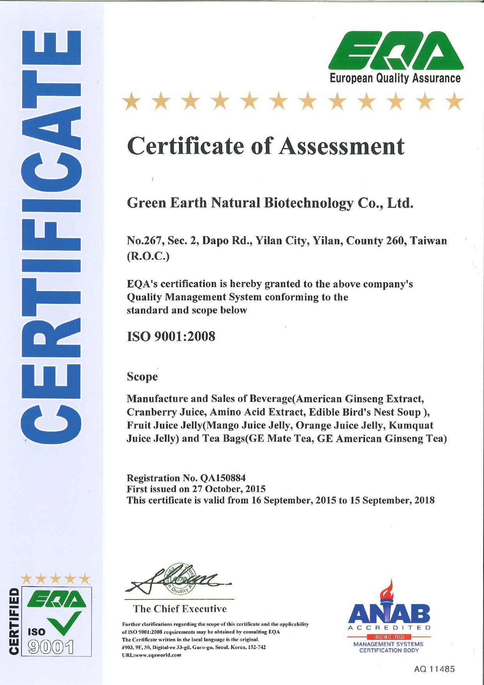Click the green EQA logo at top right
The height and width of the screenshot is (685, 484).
(395, 50)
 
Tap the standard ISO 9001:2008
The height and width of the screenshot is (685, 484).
(171, 336)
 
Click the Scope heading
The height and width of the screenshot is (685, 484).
(142, 377)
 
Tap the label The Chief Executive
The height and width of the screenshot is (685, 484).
(180, 609)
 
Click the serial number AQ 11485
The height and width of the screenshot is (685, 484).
(434, 669)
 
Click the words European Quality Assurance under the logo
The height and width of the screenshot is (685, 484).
(395, 78)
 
